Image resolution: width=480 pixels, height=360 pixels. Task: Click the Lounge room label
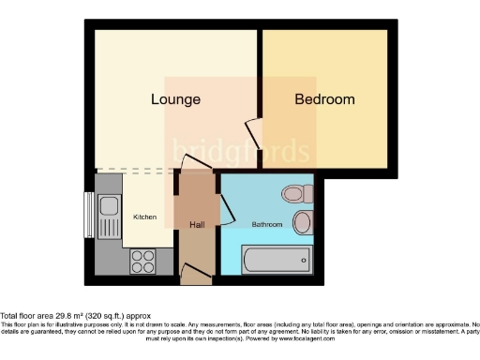[x=176, y=98]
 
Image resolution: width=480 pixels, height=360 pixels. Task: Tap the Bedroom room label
[x=324, y=98]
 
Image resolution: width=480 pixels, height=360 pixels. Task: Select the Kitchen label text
[x=144, y=217]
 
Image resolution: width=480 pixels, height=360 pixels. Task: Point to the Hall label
[x=196, y=224]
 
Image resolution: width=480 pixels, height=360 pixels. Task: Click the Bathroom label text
[x=267, y=224]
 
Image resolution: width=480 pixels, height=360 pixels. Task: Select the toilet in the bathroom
[x=297, y=194]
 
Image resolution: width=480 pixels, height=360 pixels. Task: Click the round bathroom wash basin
[x=303, y=222]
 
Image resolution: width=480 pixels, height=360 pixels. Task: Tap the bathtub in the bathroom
[x=275, y=258]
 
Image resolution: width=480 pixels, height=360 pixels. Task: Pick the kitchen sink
[x=108, y=206]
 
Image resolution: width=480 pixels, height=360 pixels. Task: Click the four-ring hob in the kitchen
[x=142, y=260]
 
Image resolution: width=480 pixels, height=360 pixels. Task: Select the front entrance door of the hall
[x=195, y=274]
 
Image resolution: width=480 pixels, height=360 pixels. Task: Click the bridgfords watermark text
[x=239, y=150]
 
